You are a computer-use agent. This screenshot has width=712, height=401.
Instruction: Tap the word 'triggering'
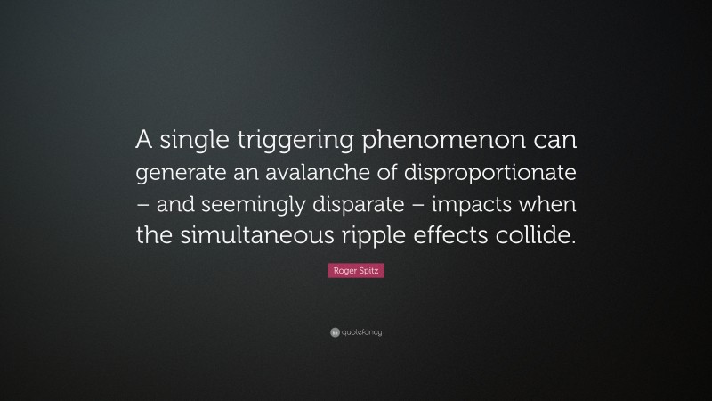(278, 140)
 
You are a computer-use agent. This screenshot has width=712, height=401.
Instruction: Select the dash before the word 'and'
(142, 205)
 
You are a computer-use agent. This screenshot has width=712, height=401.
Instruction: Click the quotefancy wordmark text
(361, 332)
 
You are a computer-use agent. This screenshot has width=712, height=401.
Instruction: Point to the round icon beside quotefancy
(334, 332)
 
